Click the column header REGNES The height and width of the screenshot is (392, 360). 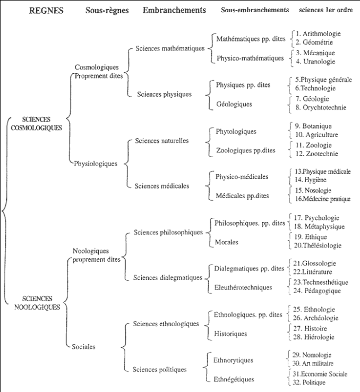tap(46, 11)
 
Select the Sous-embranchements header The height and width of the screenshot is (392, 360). tap(255, 10)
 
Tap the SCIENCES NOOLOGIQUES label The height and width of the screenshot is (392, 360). tap(37, 303)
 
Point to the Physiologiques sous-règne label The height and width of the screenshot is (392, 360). tap(96, 164)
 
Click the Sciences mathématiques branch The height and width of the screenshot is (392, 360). tap(170, 48)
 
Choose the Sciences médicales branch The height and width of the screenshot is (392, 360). tap(162, 186)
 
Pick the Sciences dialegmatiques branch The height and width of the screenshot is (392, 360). tap(168, 278)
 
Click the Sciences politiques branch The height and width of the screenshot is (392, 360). tap(159, 370)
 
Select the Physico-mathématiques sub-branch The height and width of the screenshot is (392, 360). tap(250, 58)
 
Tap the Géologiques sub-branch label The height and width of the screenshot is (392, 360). tap(234, 104)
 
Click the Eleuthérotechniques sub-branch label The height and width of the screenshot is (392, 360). tap(243, 287)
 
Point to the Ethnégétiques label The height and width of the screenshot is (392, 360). tap(234, 379)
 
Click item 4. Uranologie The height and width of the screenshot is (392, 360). tap(315, 62)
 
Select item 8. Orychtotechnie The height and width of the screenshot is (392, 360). tap(321, 107)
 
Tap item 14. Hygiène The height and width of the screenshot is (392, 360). tap(311, 180)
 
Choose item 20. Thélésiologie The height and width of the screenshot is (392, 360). tap(318, 245)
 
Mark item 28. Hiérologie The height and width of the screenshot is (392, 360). tap(313, 337)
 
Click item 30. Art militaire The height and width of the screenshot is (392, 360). tap(313, 363)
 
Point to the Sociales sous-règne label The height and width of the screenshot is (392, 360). tap(83, 347)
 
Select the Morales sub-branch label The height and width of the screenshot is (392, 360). tap(226, 242)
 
